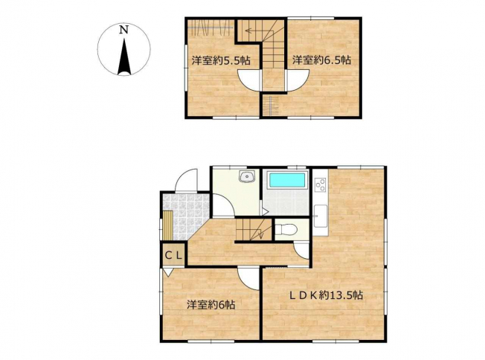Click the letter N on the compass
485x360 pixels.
point(124,30)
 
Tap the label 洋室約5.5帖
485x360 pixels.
point(221,60)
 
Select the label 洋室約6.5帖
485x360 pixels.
point(322,60)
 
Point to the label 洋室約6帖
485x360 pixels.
point(211,305)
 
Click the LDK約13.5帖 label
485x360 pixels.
point(326,295)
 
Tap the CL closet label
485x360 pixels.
point(173,255)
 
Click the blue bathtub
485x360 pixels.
point(286,180)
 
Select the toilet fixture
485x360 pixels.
point(286,230)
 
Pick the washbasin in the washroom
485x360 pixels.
point(246,176)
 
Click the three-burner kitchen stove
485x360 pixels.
point(321,185)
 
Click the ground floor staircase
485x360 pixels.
point(254,229)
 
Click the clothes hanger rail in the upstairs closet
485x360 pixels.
point(210,28)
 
